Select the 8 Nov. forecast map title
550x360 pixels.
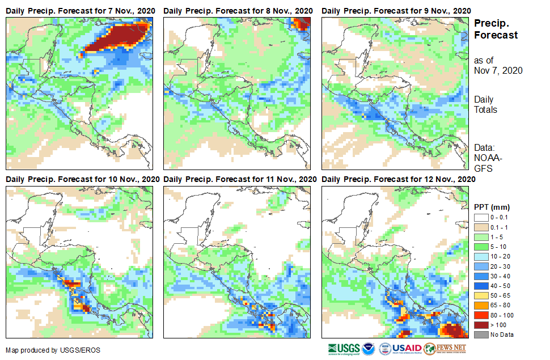238,11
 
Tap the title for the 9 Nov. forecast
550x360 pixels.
396,11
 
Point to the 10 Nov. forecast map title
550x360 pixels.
82,179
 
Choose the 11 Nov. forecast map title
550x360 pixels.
240,179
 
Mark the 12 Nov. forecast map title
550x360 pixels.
398,179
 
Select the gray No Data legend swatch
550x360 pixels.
480,334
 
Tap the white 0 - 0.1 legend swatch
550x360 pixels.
480,217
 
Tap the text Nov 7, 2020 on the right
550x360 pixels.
498,71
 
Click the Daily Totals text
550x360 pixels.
486,104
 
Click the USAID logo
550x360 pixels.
400,348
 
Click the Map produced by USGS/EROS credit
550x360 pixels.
53,350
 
